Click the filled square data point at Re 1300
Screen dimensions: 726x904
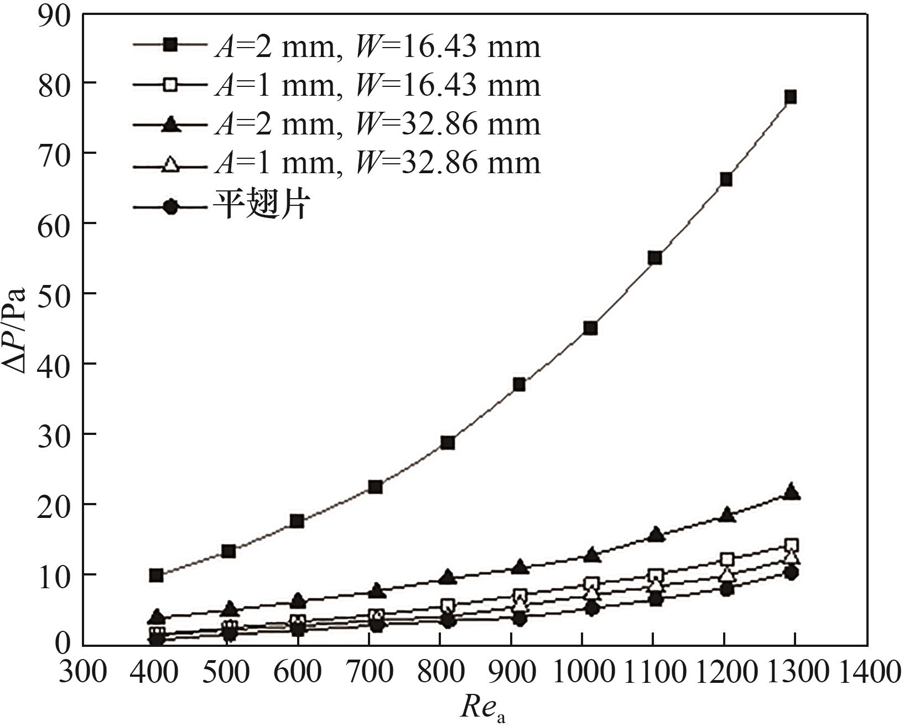[790, 97]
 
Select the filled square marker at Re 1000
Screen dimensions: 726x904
[590, 328]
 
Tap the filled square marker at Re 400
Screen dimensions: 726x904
[156, 575]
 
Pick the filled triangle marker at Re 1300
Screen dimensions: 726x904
[792, 491]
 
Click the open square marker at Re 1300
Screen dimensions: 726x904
[791, 545]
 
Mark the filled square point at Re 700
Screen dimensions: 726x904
[375, 487]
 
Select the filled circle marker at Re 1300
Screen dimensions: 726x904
[791, 573]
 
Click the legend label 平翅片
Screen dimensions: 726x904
[260, 206]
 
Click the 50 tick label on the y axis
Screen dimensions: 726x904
[54, 294]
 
